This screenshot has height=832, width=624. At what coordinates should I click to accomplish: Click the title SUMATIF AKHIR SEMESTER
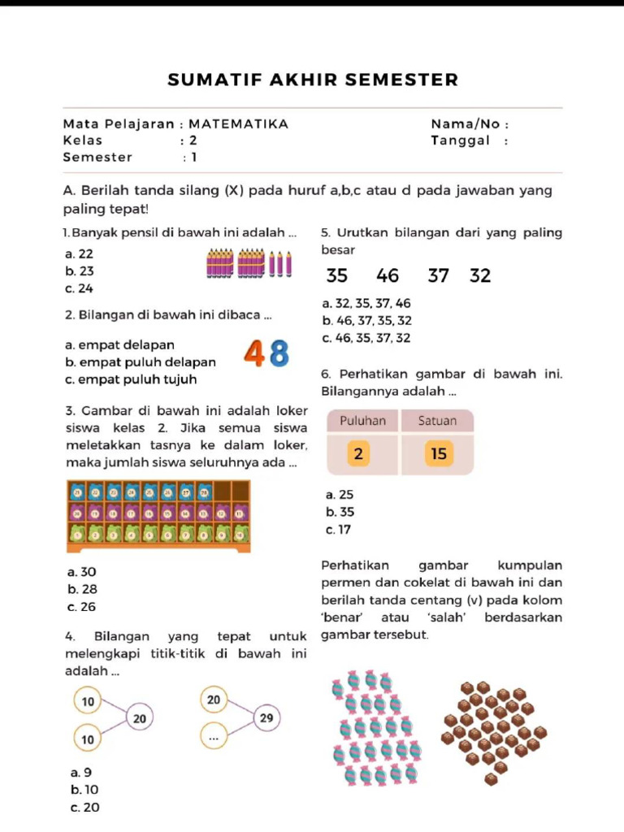313,80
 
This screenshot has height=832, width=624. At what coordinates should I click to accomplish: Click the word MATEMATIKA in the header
238,124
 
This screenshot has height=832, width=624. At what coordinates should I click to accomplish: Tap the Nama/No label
469,124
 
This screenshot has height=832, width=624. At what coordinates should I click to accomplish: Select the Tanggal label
461,140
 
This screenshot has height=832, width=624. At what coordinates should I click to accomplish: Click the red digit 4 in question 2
253,353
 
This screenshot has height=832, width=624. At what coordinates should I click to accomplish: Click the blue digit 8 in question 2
279,353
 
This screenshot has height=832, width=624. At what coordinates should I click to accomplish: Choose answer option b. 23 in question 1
80,271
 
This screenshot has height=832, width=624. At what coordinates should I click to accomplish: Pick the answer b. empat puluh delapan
141,362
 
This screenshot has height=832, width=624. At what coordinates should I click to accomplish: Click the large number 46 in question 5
388,276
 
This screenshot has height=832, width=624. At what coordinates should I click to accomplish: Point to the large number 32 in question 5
480,276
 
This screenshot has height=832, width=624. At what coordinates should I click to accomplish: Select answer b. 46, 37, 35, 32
367,321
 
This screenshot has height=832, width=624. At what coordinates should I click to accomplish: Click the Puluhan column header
362,421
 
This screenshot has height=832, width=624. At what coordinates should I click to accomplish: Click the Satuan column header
437,421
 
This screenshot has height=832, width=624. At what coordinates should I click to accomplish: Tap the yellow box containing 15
439,453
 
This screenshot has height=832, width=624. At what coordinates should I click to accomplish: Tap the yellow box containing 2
358,453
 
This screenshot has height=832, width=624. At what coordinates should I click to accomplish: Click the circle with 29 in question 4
266,718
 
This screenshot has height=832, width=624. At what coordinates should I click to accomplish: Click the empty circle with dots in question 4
214,738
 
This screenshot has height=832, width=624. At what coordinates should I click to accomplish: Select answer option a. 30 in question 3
83,572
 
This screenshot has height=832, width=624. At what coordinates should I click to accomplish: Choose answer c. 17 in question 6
338,530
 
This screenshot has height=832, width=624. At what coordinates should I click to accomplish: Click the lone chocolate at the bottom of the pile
491,779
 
